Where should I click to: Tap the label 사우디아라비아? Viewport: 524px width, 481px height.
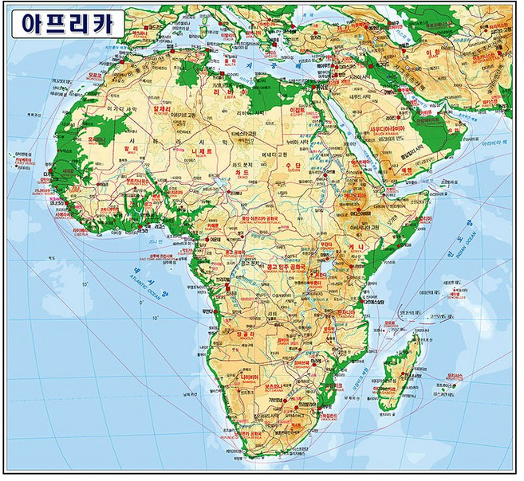click(388, 129)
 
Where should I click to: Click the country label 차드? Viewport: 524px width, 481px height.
click(243, 172)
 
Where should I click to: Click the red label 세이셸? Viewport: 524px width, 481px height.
click(455, 284)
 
